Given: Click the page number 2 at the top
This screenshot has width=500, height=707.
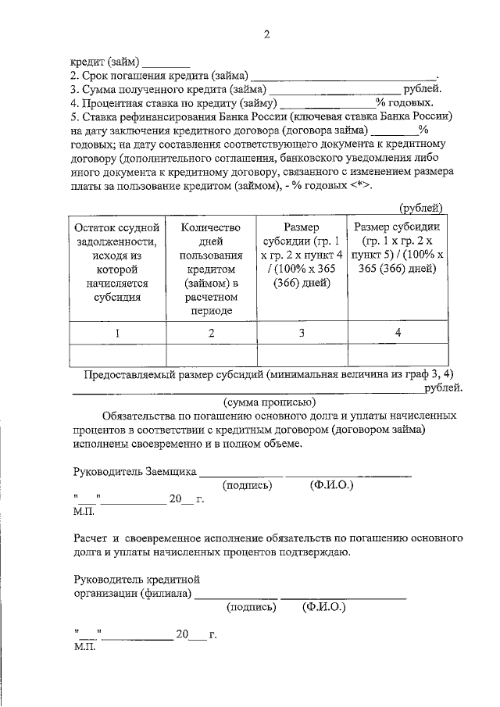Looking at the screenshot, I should [266, 34].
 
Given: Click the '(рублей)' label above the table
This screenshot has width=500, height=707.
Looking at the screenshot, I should [421, 208].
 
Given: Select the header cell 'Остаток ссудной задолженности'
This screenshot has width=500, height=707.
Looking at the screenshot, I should [117, 262].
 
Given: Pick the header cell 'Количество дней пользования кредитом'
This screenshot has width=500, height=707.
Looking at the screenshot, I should [210, 268].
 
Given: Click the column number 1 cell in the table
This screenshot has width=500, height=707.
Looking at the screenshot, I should [117, 334].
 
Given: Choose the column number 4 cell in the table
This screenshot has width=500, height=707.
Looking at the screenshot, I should [398, 334].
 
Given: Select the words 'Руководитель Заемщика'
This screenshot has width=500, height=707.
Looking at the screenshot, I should [134, 472].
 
